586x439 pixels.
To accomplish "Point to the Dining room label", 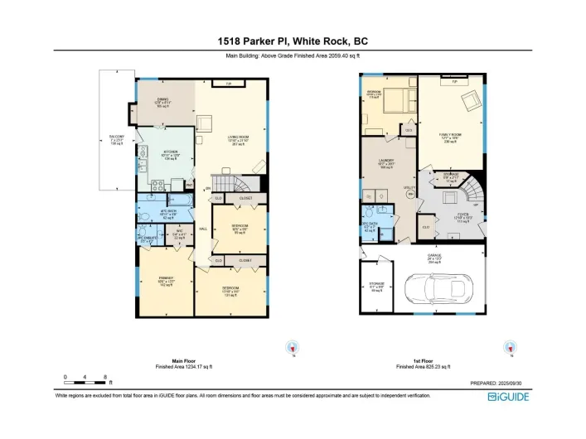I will pos(162,104).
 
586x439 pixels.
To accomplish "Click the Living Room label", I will pos(238,140).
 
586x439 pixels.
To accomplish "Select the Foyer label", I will pos(463,217).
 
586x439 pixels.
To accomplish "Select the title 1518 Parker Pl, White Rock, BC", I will pos(293,41).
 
